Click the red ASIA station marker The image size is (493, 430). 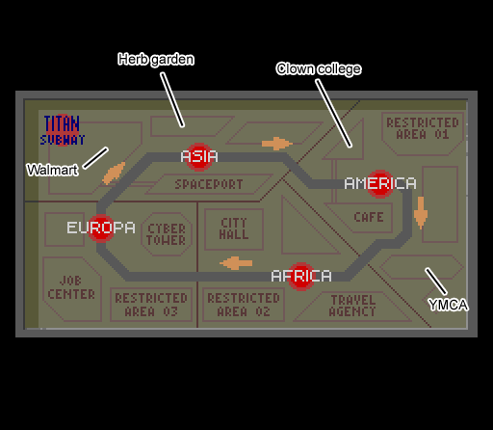(199, 157)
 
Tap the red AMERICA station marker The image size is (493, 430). (380, 184)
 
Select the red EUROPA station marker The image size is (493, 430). (101, 228)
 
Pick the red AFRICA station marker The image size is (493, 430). (301, 277)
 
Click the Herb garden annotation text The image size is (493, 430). (156, 60)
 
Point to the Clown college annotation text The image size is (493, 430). (319, 69)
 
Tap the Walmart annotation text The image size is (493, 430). (52, 170)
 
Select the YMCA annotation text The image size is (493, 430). (448, 305)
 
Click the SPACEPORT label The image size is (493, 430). (209, 184)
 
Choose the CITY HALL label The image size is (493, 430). (234, 228)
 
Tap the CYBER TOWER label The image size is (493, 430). (167, 234)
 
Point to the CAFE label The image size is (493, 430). (369, 217)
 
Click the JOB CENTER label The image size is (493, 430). (71, 287)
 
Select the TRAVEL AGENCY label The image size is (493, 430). (352, 306)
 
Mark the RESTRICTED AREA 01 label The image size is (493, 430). (423, 128)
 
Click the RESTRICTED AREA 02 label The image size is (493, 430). (244, 305)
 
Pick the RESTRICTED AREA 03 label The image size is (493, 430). (151, 305)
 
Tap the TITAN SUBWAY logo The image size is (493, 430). (63, 130)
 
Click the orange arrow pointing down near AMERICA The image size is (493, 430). (421, 213)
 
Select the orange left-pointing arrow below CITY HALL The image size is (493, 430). (236, 263)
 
